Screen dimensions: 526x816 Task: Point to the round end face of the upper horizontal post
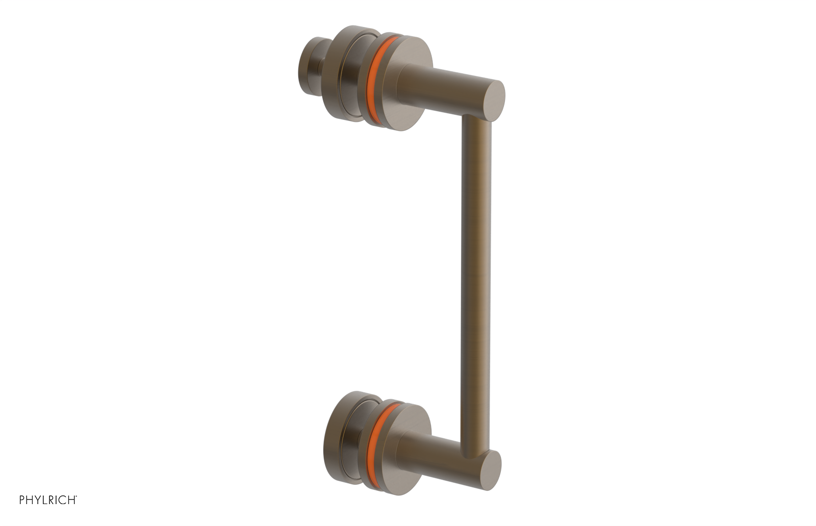493,101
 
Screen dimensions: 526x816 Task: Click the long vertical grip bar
475,280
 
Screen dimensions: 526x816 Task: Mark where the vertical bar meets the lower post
474,449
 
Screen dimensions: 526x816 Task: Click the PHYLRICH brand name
47,500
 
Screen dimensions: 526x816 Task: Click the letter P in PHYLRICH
22,500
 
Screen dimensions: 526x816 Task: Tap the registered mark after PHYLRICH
76,496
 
